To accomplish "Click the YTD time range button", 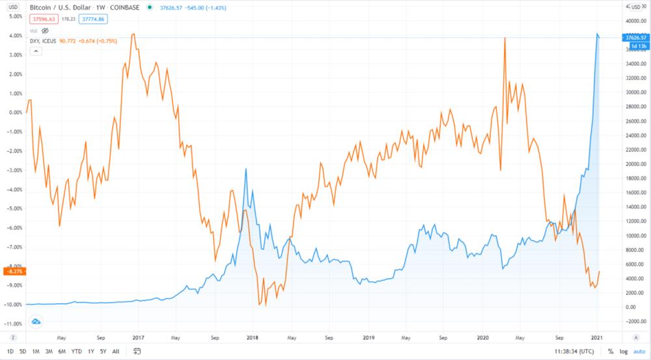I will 77,352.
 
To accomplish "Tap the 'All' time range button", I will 116,352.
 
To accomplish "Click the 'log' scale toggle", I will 624,352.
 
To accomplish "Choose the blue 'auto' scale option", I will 639,352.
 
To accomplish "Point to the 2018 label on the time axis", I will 253,338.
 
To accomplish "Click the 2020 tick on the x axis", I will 483,338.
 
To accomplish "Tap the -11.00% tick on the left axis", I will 12,324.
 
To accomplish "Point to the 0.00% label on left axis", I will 14,112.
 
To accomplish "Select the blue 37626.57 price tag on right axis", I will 635,38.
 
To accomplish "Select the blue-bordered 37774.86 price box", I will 93,19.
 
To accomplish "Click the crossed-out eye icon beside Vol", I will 46,31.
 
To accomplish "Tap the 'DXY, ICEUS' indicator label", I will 43,41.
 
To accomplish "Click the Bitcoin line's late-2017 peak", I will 245,169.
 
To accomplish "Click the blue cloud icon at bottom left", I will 36,321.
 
